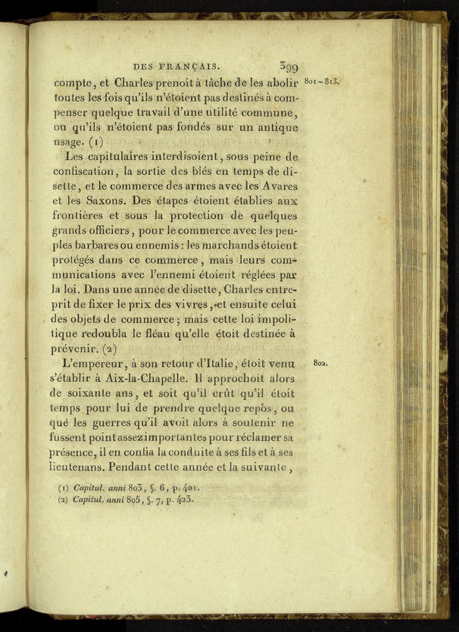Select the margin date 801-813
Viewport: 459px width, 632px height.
point(320,80)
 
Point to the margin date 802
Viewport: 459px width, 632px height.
point(320,363)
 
